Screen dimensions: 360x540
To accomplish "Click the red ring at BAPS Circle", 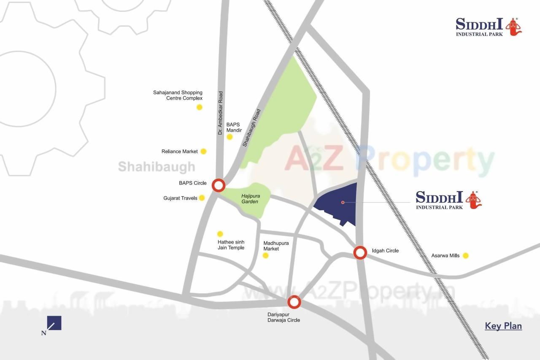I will [218, 185].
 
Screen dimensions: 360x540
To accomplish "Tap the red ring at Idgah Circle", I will [360, 252].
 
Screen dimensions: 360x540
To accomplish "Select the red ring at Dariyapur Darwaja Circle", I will [294, 302].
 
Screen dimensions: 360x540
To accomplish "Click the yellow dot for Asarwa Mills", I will [465, 255].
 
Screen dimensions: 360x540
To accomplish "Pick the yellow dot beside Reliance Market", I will [203, 151].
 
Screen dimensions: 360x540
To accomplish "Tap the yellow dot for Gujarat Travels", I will [202, 198].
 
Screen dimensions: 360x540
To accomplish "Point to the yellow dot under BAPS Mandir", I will [229, 137].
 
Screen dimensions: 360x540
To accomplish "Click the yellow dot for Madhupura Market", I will [265, 255].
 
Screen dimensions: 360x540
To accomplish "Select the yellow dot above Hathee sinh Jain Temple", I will [220, 234].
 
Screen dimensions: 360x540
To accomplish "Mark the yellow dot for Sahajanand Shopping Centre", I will [199, 107].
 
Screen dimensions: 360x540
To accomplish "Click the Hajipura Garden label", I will [251, 199].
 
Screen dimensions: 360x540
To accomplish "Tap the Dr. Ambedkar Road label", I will [220, 114].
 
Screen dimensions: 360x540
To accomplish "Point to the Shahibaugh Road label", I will [252, 128].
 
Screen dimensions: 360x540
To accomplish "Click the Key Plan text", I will [503, 326].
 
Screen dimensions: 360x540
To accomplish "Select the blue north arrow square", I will [54, 323].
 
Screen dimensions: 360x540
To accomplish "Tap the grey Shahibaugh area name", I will [157, 167].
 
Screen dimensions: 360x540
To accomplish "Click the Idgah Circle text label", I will [385, 251].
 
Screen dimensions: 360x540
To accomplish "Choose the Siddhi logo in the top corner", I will [489, 27].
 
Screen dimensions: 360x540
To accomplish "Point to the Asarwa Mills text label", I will [445, 256].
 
